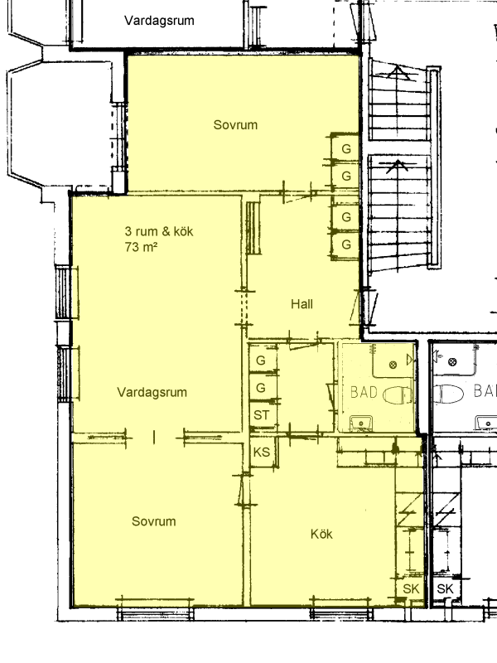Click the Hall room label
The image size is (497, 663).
[302, 304]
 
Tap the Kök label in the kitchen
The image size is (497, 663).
[321, 534]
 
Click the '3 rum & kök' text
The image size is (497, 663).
[159, 231]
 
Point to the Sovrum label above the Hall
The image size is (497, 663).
[235, 125]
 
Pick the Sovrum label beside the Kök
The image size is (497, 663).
[154, 521]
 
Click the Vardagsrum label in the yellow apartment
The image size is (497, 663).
[152, 392]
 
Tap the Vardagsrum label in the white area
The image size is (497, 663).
[159, 20]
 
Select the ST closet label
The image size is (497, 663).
[261, 415]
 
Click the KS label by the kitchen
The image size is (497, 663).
[262, 452]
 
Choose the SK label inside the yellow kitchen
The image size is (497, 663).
[411, 588]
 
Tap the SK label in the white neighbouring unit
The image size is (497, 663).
[445, 588]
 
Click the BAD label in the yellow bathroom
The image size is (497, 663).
[364, 392]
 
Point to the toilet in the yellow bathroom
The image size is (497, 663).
[398, 395]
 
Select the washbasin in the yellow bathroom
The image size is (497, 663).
[361, 422]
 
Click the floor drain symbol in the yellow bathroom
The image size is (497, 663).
[393, 365]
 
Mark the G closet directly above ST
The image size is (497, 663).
[261, 388]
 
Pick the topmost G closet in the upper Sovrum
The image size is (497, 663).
[346, 149]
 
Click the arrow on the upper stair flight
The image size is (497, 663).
[398, 72]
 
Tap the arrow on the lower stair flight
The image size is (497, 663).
[398, 166]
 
